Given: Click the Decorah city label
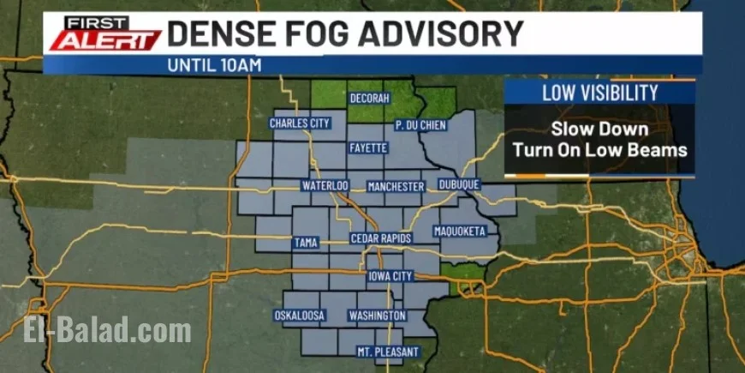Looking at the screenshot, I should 370,99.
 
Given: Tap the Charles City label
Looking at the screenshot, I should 300,123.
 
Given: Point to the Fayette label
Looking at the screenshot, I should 368,148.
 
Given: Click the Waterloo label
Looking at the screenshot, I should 325,185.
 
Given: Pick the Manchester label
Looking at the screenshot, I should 395,186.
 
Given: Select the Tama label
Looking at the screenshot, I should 305,243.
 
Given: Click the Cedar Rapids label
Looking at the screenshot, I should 381,238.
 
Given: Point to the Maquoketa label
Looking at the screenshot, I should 459,232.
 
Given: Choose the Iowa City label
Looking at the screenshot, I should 390,276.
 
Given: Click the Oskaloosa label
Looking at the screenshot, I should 300,316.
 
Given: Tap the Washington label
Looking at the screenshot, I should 377,316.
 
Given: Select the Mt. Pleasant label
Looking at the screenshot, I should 388,352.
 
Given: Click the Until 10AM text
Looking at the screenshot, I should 214,64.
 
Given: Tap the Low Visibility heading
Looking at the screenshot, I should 599,93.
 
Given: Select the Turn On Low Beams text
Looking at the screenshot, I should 599,149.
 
